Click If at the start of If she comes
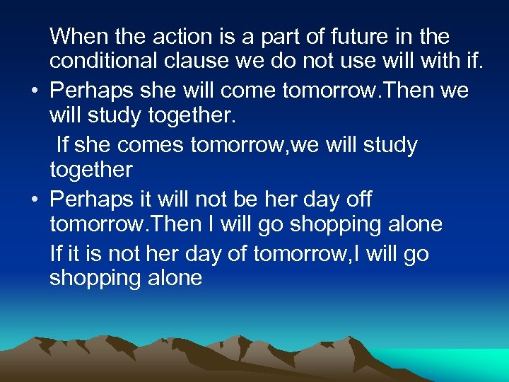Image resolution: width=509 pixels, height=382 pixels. (62, 145)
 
